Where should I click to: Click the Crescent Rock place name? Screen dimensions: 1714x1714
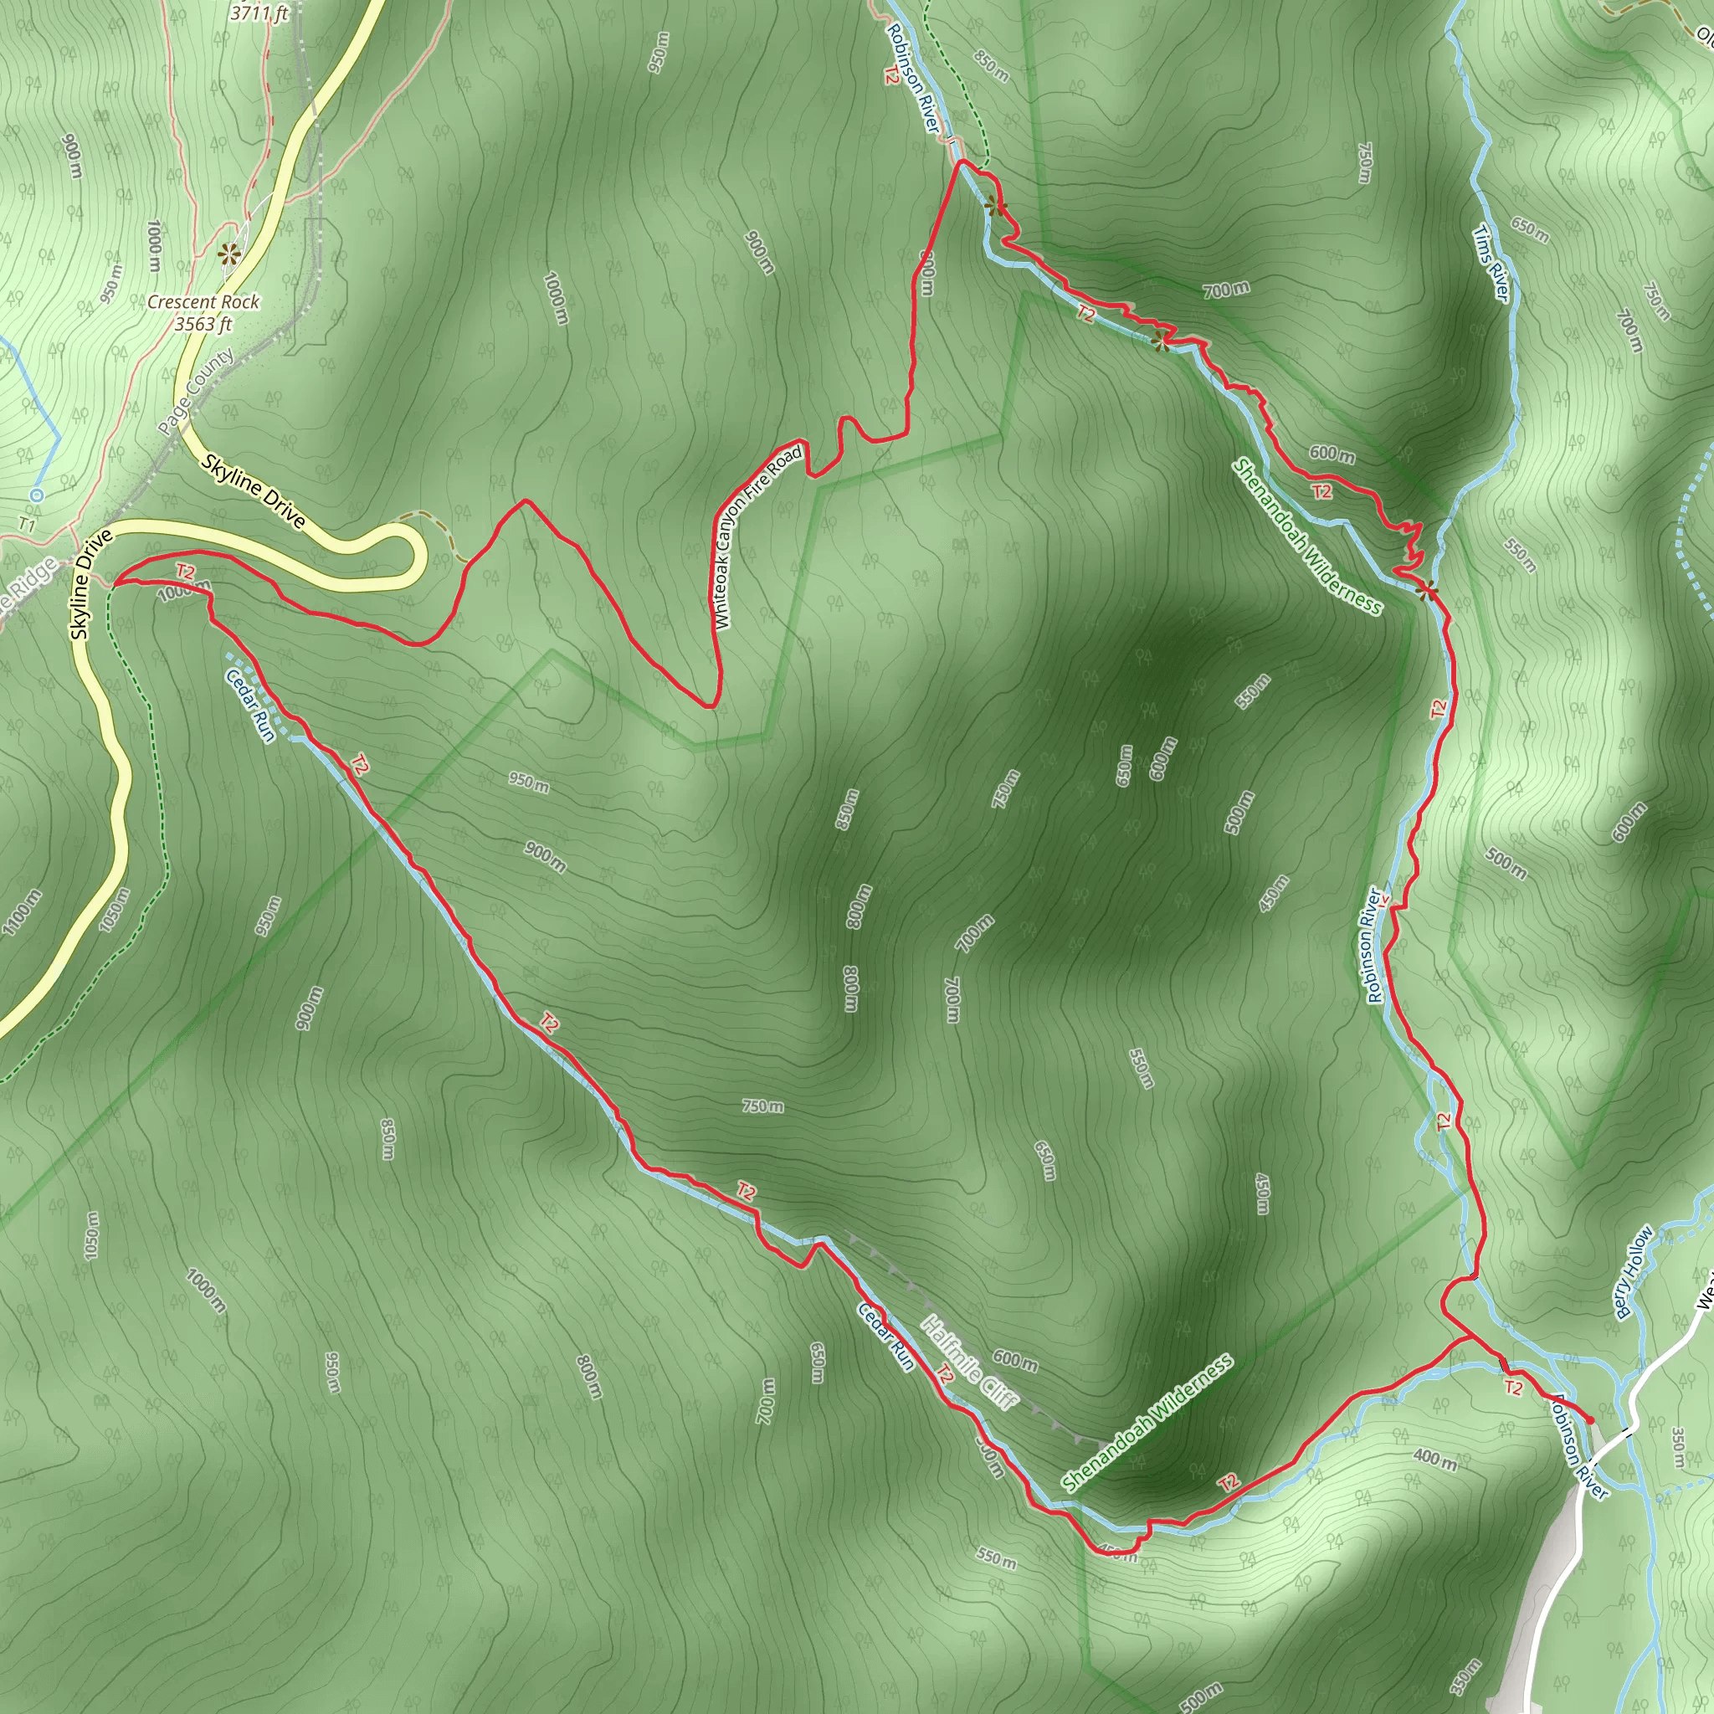pyautogui.click(x=203, y=301)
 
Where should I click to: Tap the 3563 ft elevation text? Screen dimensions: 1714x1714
pyautogui.click(x=203, y=324)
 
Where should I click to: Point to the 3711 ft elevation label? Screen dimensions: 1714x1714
pyautogui.click(x=259, y=13)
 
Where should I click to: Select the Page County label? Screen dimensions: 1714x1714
pyautogui.click(x=196, y=391)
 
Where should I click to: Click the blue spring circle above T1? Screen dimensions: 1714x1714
pyautogui.click(x=35, y=494)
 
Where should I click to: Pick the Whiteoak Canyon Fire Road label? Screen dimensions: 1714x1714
pyautogui.click(x=760, y=537)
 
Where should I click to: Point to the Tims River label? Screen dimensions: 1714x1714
pyautogui.click(x=1491, y=263)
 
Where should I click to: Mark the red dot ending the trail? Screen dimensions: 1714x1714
pyautogui.click(x=1589, y=1421)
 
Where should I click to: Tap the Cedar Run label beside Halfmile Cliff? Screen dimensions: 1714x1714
pyautogui.click(x=885, y=1337)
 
